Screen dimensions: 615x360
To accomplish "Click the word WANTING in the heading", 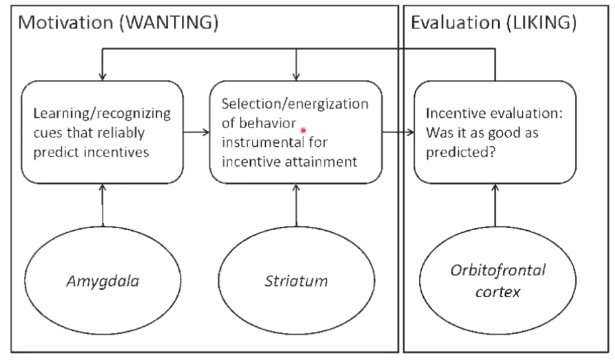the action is (x=169, y=22).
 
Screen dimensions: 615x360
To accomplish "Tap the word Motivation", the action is (x=65, y=22).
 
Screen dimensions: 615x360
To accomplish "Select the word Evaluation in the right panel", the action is (x=455, y=22).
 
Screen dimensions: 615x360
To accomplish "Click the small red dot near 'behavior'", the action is (x=303, y=130).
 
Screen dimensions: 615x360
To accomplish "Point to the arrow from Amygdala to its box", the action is (x=102, y=205).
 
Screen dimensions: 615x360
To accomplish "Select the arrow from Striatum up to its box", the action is (x=296, y=205).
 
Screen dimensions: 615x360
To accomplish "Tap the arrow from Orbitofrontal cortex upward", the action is (x=495, y=205).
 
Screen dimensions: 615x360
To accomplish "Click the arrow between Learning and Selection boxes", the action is (x=196, y=132).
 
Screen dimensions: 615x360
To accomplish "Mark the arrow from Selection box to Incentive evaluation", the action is (x=397, y=132).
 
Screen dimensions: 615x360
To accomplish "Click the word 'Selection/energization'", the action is (x=295, y=104).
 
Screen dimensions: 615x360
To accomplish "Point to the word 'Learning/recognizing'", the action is (x=102, y=113).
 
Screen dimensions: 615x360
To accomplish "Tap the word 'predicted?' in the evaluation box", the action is (x=461, y=152).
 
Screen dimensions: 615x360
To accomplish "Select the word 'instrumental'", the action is (x=263, y=142).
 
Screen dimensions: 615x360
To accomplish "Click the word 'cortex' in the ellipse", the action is (x=498, y=292).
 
